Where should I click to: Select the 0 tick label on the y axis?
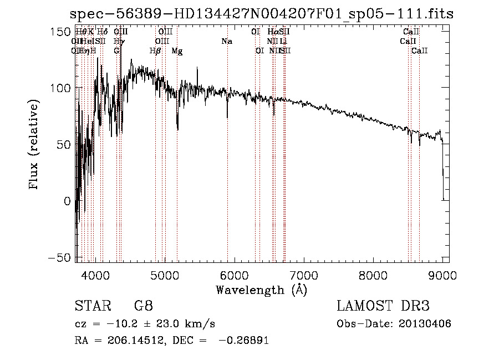(67, 201)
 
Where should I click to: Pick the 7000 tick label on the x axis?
(304, 274)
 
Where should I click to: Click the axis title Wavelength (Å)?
(261, 290)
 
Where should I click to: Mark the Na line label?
(226, 41)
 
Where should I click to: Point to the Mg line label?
(177, 51)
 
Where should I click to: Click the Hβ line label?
(155, 51)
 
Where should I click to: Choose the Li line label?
(283, 41)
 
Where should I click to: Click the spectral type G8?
(144, 306)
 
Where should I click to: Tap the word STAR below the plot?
(89, 306)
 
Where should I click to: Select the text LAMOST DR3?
(383, 306)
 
